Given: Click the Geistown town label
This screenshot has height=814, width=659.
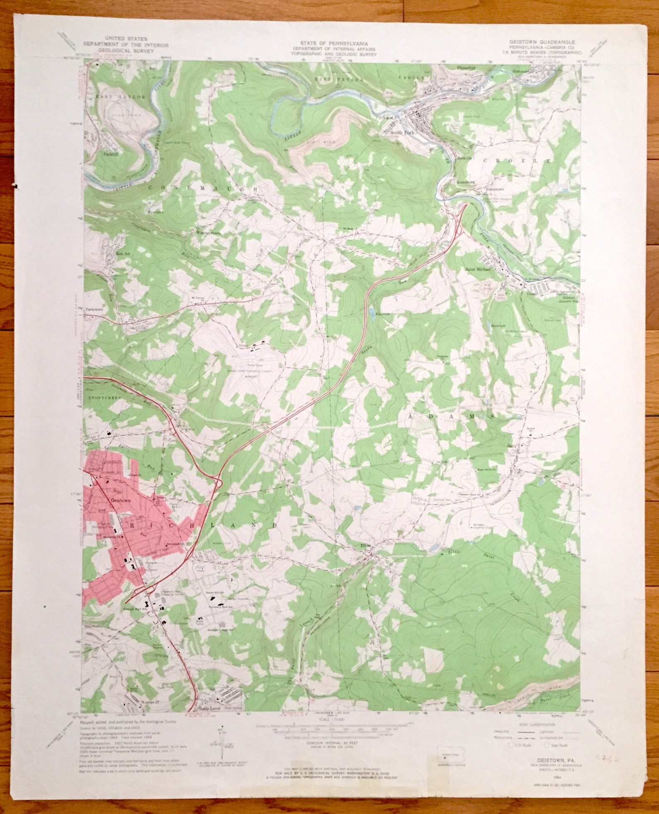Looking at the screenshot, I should [x=120, y=500].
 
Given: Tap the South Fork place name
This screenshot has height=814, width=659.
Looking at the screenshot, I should [x=400, y=133].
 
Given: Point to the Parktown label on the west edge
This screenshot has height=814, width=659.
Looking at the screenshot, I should [x=94, y=309].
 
